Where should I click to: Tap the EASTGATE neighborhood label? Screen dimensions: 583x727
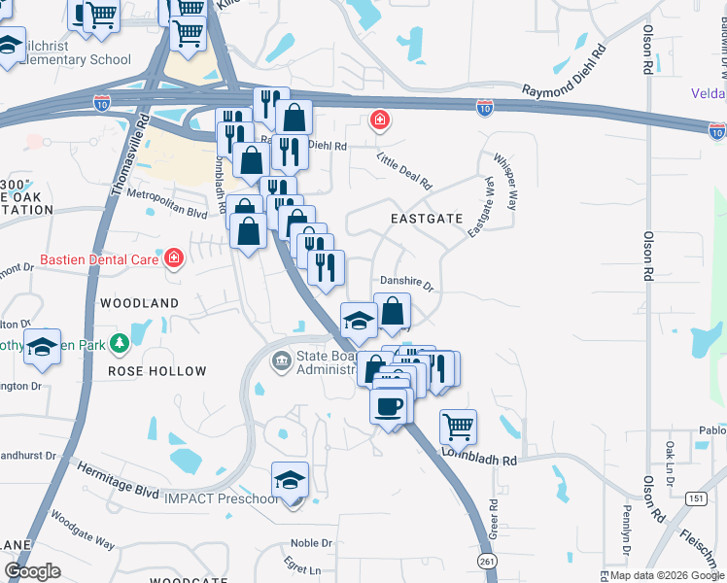pos(427,219)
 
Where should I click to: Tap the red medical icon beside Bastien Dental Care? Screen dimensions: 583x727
pos(174,258)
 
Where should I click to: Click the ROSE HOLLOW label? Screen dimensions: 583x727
pos(157,371)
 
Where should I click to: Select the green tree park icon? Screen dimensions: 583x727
pos(121,342)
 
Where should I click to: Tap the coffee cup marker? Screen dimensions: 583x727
pos(389,406)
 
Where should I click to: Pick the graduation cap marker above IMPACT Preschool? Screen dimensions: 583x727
pos(289,480)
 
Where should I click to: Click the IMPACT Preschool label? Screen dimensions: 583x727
pos(220,499)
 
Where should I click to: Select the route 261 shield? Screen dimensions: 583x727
pos(488,562)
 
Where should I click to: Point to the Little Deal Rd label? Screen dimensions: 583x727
pos(403,173)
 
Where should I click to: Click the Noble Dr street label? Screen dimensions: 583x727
pos(311,543)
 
